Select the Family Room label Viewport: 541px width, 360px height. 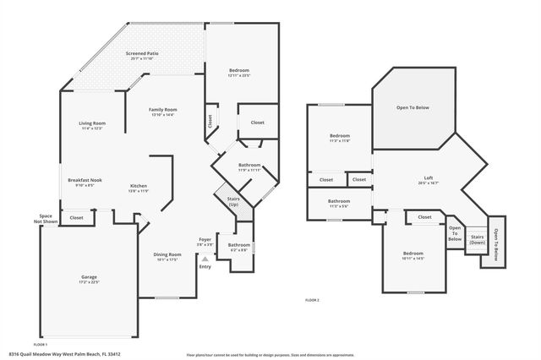[162, 110]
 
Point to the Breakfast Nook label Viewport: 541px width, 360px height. [85, 180]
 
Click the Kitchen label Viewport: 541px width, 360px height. [139, 187]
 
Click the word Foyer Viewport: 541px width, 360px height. [205, 240]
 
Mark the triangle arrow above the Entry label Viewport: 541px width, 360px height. [205, 259]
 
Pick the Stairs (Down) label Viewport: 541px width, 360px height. [478, 239]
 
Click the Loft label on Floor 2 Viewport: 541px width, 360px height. [429, 178]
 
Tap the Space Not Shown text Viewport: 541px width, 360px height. [46, 220]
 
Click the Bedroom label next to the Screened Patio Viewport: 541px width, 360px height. [239, 71]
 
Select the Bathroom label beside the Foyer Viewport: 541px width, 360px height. [238, 246]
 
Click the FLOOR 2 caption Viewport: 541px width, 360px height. [312, 301]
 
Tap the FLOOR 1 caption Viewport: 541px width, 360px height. [40, 344]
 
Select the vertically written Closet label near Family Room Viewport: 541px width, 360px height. [210, 121]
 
